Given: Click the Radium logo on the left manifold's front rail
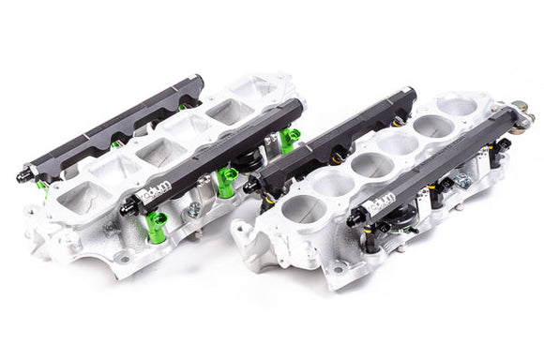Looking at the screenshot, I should point(154,195).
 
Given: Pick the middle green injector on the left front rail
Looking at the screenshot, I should point(226,178).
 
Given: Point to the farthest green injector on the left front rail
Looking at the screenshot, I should point(289,139).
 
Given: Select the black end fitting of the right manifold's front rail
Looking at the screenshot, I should point(354,220).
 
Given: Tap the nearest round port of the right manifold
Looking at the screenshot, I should point(306,210).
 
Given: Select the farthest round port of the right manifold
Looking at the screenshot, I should point(456,106).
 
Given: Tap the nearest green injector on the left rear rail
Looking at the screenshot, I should point(42,185).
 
